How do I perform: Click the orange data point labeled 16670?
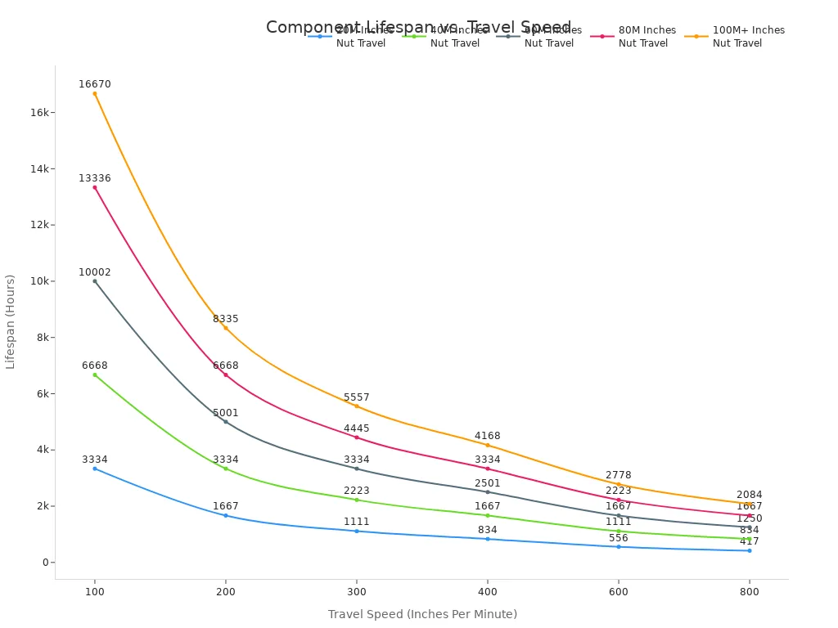(95, 93)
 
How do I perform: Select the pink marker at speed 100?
(95, 187)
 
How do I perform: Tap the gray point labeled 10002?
(95, 281)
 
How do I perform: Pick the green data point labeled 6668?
(95, 375)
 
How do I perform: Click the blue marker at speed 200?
(226, 515)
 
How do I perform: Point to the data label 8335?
(226, 319)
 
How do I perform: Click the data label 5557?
(357, 397)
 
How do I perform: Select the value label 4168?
(488, 436)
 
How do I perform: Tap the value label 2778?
(619, 475)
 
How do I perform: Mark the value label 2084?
(750, 495)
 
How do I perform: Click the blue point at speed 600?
(619, 546)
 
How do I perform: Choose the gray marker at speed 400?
(488, 491)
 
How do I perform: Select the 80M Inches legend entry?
(638, 37)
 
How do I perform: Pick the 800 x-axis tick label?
(750, 590)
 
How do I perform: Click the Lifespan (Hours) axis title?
(11, 321)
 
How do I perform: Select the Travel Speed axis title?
(422, 614)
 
